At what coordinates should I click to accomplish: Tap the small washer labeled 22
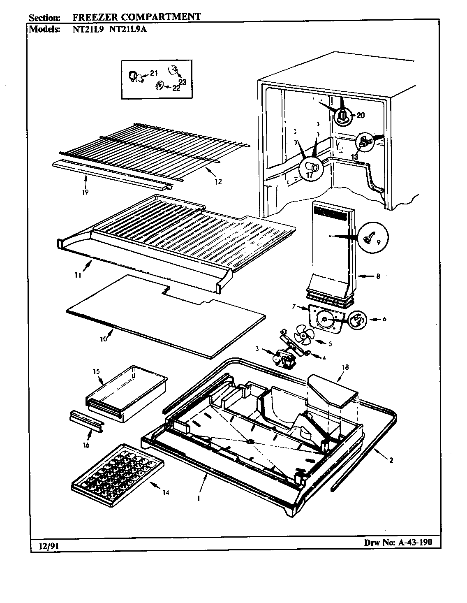[158, 86]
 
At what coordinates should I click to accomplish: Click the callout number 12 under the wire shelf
[218, 181]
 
